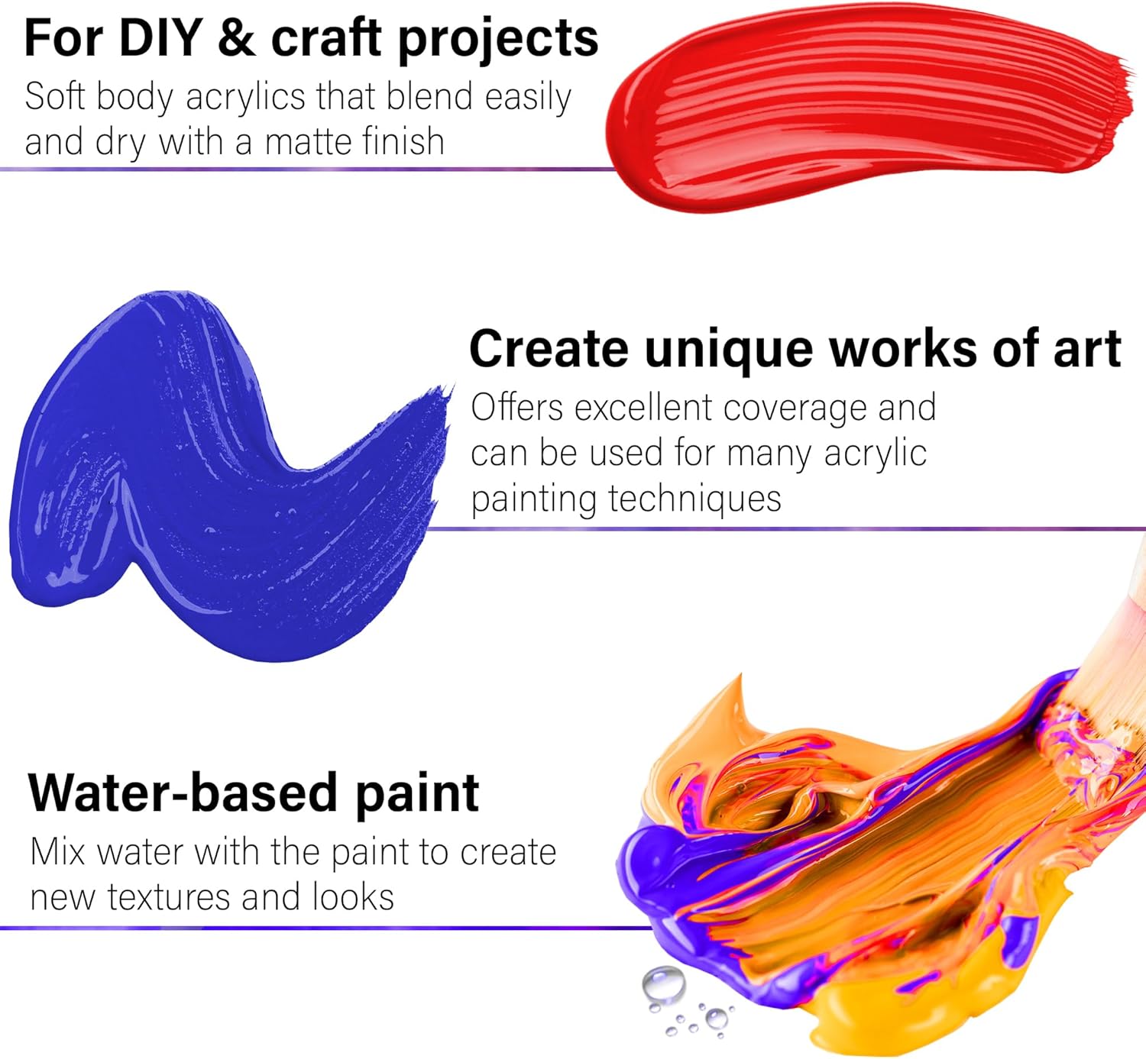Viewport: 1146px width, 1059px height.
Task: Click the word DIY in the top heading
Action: click(161, 38)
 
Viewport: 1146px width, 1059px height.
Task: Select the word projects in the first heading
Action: click(499, 41)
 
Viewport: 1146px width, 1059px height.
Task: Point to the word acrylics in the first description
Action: click(245, 98)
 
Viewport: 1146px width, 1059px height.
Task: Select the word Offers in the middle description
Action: click(517, 407)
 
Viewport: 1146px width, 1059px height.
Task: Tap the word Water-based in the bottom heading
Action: click(183, 793)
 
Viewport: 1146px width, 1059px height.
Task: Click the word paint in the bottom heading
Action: click(417, 797)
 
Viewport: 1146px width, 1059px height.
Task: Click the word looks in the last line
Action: click(352, 897)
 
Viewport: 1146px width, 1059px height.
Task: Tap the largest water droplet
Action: click(664, 985)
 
